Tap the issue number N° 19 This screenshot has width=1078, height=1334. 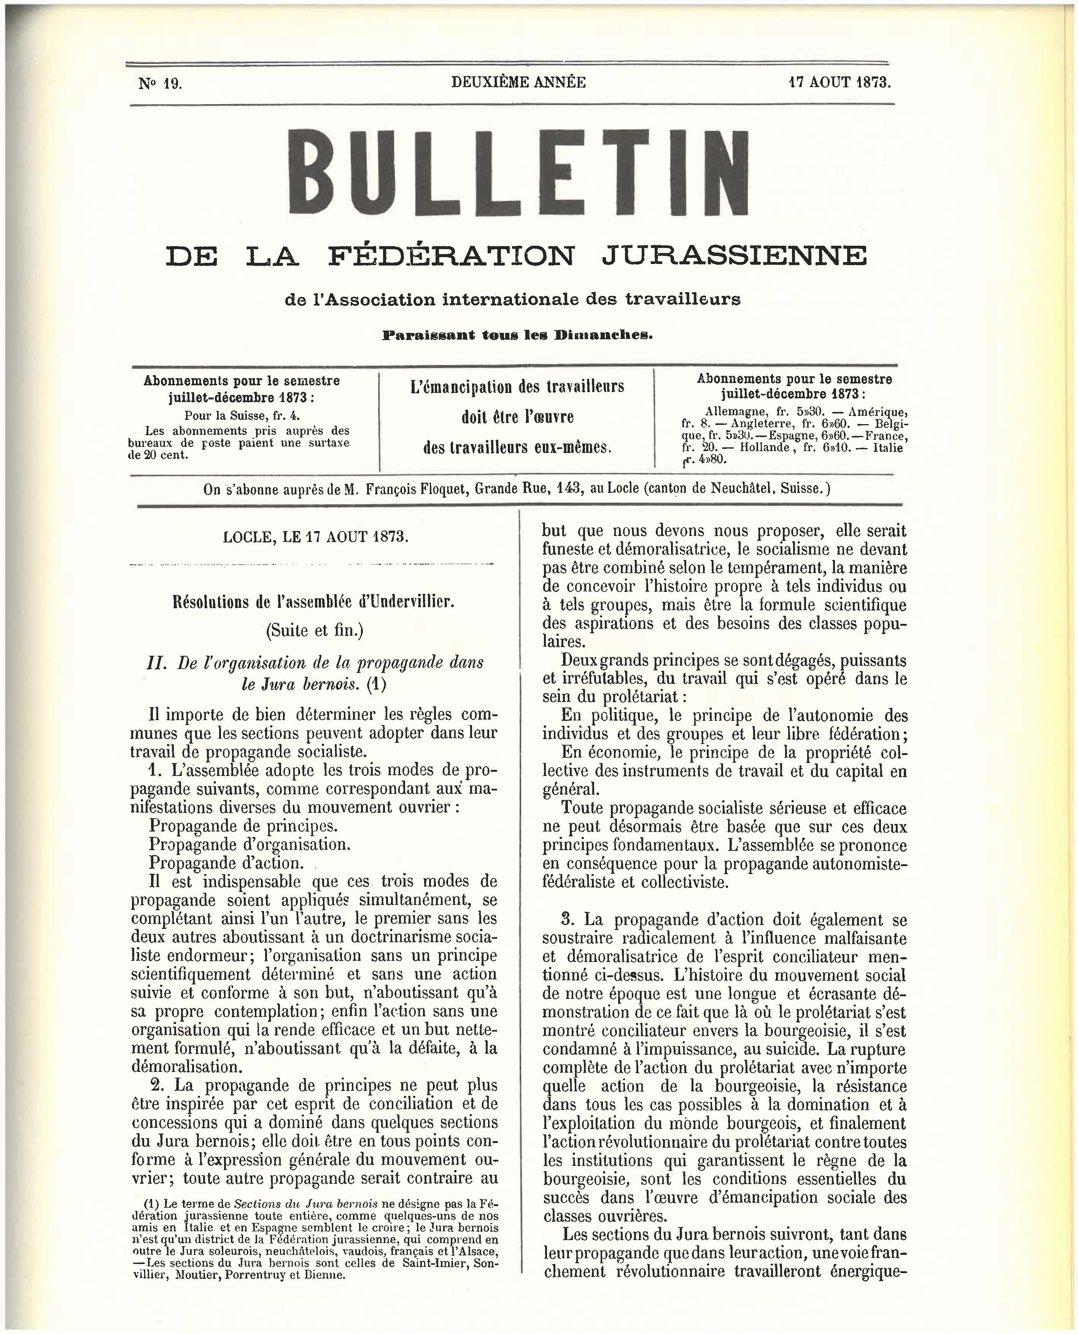tap(160, 83)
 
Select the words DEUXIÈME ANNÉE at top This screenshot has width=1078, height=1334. tap(518, 82)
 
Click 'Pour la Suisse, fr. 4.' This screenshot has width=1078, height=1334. tap(242, 415)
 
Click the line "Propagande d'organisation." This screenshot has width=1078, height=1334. tap(250, 844)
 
